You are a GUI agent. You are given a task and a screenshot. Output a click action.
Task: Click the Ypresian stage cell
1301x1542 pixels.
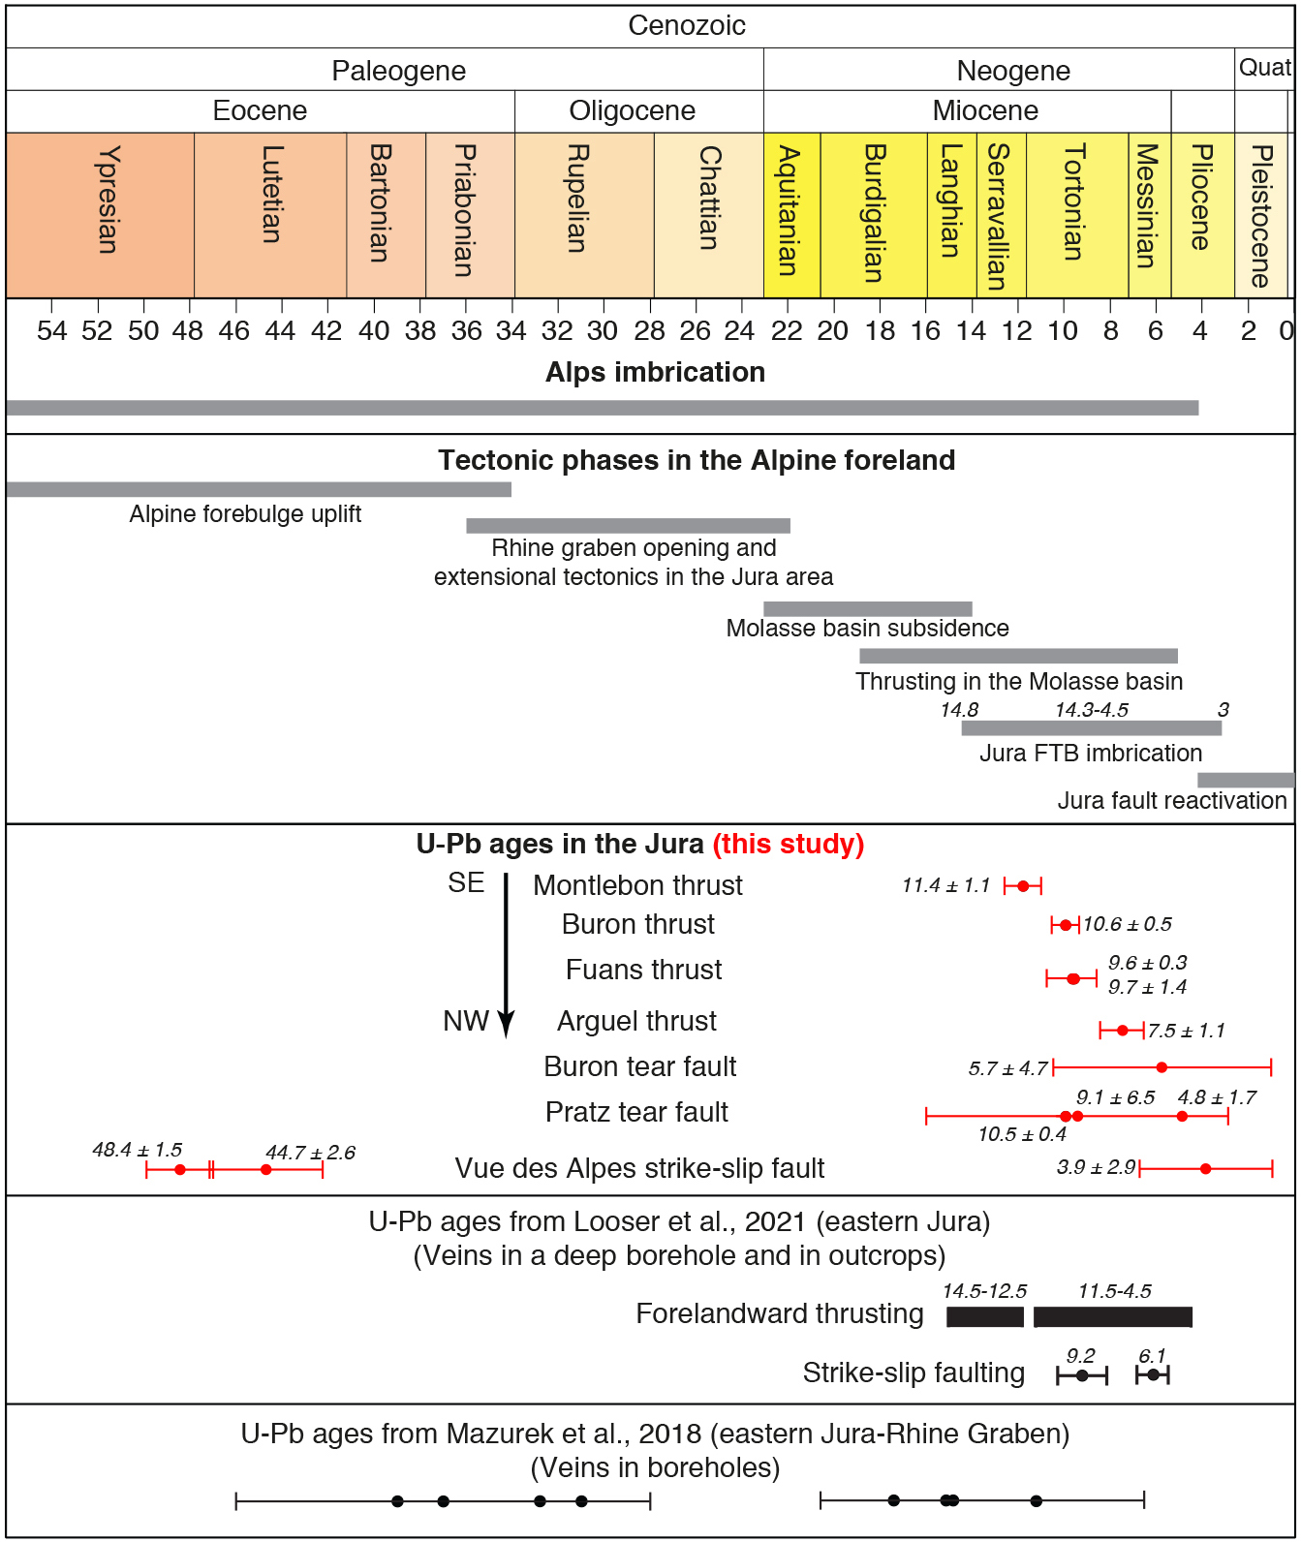point(100,215)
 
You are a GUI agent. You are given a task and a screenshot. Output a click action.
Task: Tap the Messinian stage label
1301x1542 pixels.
point(1148,206)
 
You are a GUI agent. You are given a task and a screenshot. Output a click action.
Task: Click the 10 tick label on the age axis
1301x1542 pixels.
point(1063,331)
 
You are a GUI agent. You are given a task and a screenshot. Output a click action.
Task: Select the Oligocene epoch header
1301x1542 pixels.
point(632,111)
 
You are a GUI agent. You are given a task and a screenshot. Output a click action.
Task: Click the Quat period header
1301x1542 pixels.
point(1264,68)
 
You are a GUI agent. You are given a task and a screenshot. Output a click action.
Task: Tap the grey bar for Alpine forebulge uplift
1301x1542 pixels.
point(258,490)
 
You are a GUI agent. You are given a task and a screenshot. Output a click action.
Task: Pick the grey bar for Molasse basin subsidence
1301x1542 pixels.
point(867,609)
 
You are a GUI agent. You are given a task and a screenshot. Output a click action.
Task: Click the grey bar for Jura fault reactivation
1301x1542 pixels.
point(1246,781)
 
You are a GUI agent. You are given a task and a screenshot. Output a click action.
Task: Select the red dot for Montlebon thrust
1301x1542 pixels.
point(1023,886)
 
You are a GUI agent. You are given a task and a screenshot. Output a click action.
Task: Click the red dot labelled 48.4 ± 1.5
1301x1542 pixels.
point(180,1170)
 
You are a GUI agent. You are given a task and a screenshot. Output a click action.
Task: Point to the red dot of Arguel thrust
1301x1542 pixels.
point(1122,1031)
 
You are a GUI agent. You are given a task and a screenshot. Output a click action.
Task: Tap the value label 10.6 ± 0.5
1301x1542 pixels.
point(1128,925)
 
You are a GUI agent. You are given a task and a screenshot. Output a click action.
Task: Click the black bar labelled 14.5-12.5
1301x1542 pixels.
point(984,1317)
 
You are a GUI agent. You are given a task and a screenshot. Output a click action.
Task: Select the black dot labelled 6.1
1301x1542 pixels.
point(1153,1375)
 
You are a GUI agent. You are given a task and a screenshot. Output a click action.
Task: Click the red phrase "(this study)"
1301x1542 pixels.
point(788,845)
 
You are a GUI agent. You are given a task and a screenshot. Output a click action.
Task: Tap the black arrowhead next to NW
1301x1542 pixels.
point(506,1024)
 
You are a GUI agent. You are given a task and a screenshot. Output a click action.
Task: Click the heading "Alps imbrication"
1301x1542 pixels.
point(655,373)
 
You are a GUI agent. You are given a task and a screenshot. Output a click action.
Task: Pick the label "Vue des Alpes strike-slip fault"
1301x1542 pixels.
point(639,1169)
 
